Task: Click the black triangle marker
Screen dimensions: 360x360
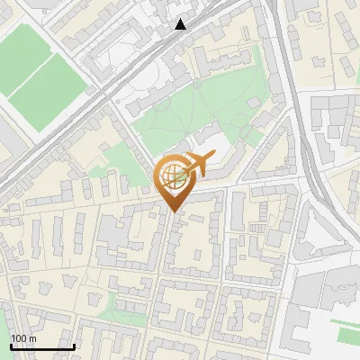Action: [x=181, y=24]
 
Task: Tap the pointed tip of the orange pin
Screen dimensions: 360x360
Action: [x=172, y=211]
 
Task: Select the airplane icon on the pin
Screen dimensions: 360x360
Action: [x=197, y=164]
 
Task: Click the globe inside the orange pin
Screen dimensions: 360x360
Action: [x=172, y=177]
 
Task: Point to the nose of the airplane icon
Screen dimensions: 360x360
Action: [x=211, y=158]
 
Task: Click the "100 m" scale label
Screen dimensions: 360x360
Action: [x=23, y=338]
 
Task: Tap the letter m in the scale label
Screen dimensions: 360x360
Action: [x=32, y=338]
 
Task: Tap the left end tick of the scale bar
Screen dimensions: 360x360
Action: [x=11, y=345]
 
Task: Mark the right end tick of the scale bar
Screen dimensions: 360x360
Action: [x=74, y=345]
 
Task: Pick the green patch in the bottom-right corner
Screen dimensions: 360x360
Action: [x=346, y=334]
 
